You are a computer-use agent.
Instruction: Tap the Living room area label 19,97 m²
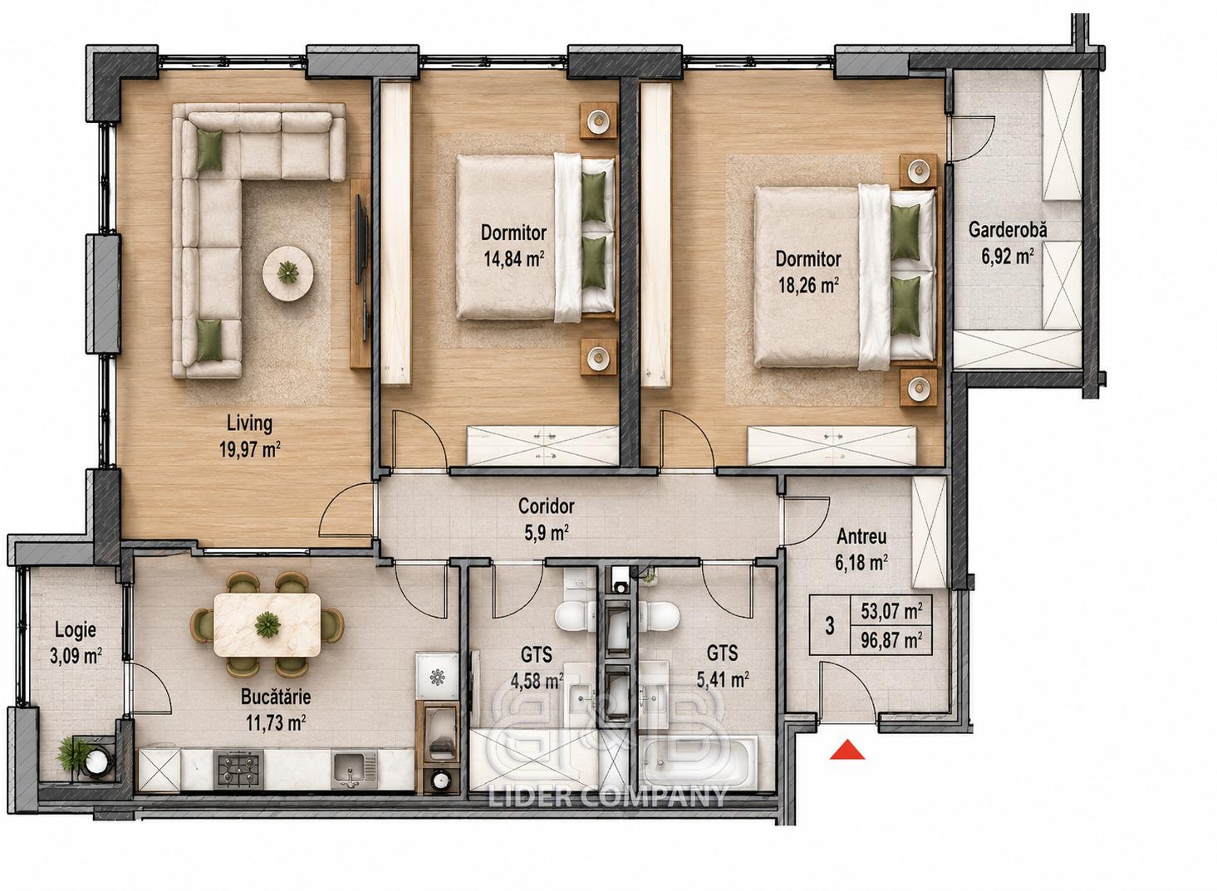click(x=250, y=449)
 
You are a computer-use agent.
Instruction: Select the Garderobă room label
click(x=1008, y=229)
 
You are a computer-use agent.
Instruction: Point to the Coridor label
click(x=546, y=506)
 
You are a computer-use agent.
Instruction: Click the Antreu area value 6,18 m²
click(x=861, y=562)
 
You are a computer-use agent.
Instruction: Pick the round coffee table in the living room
click(x=287, y=272)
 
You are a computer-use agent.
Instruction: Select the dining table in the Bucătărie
click(x=267, y=624)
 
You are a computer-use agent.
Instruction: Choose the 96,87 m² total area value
click(x=891, y=641)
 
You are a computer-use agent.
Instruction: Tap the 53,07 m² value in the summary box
click(x=891, y=611)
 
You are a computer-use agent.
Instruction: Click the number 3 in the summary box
click(x=830, y=626)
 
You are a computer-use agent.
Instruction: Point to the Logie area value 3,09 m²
click(x=76, y=657)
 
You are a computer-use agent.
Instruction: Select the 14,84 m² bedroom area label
click(x=514, y=259)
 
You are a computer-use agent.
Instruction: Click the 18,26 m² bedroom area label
click(x=808, y=285)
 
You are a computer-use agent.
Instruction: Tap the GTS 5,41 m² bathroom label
click(x=722, y=666)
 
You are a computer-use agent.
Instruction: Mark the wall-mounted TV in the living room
click(x=361, y=239)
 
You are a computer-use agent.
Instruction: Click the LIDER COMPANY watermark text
click(x=608, y=797)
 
